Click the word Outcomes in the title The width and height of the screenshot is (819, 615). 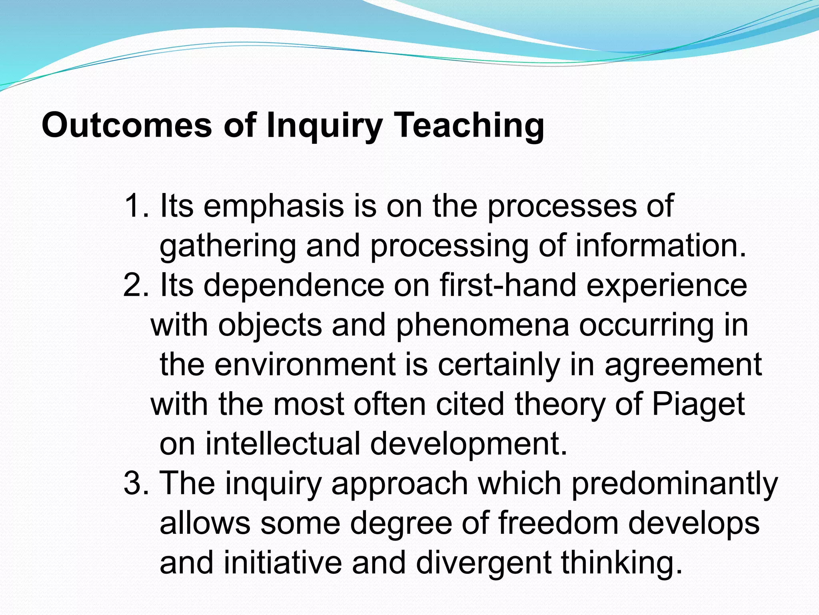click(127, 125)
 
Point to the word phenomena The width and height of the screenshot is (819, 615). click(482, 325)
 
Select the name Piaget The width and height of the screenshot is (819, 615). click(698, 404)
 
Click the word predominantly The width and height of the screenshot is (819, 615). click(674, 484)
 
